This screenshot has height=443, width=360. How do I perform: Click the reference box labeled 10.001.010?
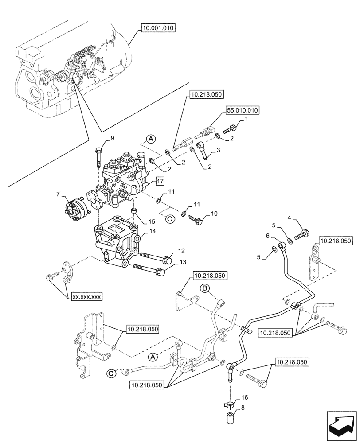tap(159, 28)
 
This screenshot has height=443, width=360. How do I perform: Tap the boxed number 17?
tap(160, 180)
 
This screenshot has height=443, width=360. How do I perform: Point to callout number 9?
tap(112, 139)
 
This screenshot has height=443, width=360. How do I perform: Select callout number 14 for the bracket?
tap(152, 231)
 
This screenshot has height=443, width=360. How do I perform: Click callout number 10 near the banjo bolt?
tap(214, 214)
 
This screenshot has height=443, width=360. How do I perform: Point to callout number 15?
tap(151, 221)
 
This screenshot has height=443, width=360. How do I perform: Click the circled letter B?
tap(205, 289)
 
